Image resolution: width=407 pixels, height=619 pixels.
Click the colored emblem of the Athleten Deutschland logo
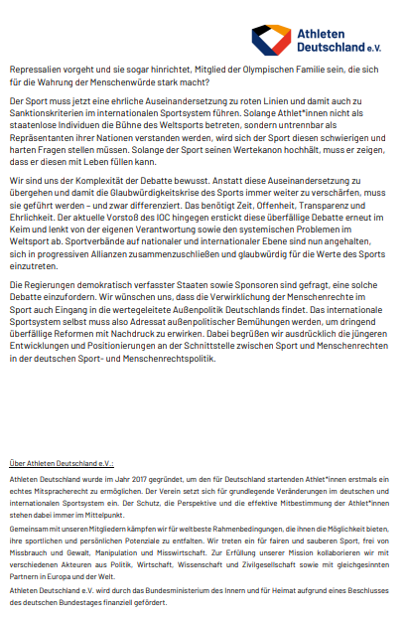click(270, 38)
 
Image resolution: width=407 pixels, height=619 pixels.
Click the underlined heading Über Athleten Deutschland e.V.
click(61, 464)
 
